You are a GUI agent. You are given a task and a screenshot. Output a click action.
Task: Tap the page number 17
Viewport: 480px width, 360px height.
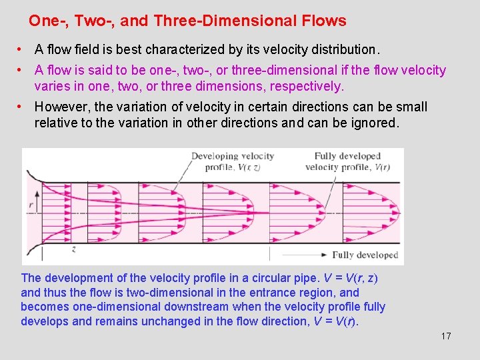[446, 336]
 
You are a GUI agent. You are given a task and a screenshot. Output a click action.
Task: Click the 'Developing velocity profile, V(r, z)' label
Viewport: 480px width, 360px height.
[233, 161]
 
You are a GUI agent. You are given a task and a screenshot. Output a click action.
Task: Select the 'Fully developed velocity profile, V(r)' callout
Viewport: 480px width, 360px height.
[347, 161]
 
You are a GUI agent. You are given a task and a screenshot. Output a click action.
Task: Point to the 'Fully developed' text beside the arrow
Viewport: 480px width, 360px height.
[365, 255]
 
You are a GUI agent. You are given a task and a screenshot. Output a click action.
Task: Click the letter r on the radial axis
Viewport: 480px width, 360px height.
[29, 198]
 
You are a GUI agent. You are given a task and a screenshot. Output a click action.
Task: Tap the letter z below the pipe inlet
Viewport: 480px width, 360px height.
[73, 249]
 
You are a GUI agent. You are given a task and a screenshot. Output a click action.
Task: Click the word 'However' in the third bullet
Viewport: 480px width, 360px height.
[59, 107]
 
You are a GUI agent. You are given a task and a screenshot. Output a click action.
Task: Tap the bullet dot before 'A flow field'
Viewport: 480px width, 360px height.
[22, 49]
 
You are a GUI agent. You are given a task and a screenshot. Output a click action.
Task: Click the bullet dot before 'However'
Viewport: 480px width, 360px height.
[22, 107]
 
